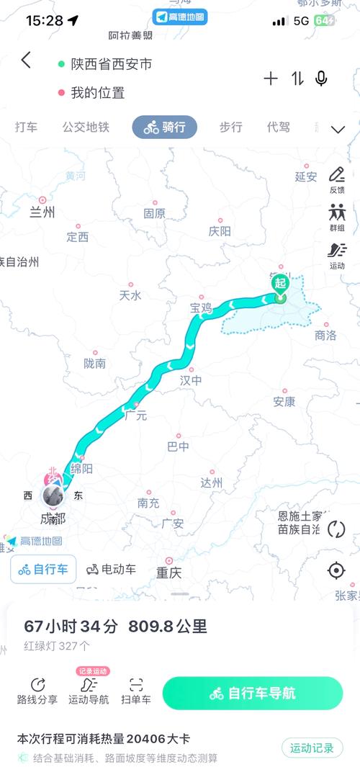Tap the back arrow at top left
coord(27,60)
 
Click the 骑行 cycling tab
coord(164,127)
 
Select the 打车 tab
coord(27,127)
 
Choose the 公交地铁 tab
coord(86,127)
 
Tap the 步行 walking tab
coord(230,127)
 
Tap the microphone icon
coord(321,79)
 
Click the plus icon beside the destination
coord(271,79)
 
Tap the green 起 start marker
coord(280,284)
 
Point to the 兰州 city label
coord(42,212)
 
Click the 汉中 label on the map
coord(190,380)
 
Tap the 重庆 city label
coord(169,573)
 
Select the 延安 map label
coord(306,176)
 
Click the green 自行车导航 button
coord(252,694)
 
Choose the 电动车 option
coord(112,570)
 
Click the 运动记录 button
coord(312,748)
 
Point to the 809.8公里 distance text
coord(168,627)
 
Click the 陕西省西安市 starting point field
coord(112,64)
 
